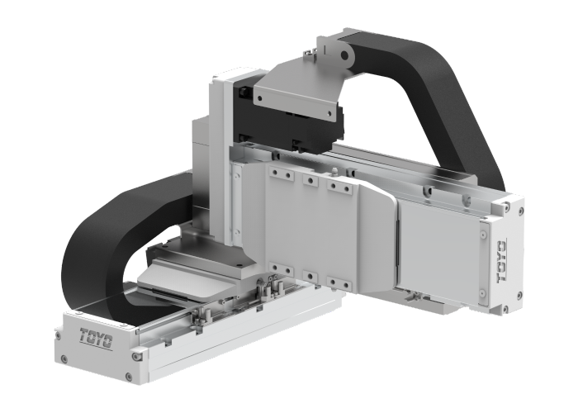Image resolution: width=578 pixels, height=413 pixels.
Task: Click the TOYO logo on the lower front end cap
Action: (x=97, y=337)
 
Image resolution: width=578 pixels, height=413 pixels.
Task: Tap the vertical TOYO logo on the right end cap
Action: (x=501, y=262)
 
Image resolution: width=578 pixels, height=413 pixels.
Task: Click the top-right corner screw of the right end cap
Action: (x=519, y=211)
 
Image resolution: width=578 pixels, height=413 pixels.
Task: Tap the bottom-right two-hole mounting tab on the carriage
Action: (x=338, y=282)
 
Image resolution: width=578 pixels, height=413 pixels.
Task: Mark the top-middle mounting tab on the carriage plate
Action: (x=310, y=180)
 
